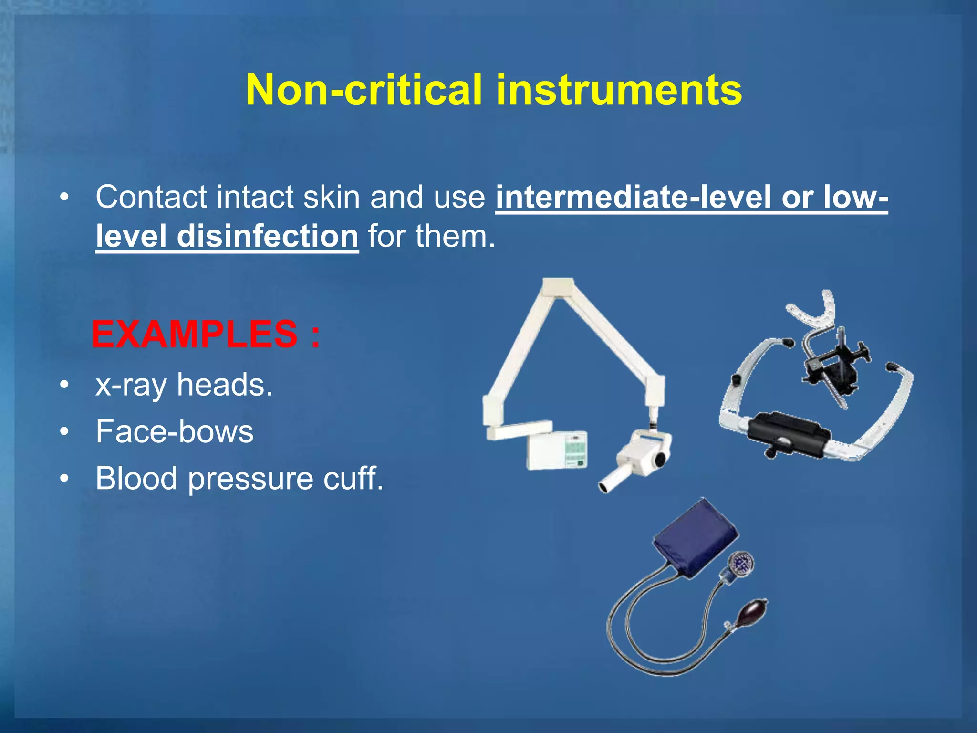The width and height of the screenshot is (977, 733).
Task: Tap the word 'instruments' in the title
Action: tap(619, 90)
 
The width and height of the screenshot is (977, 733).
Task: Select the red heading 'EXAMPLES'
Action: tap(194, 334)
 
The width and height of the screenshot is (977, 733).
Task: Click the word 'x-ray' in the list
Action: tap(131, 385)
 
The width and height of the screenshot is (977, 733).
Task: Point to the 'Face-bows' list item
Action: tap(174, 432)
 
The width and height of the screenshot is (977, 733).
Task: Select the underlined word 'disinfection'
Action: tap(267, 236)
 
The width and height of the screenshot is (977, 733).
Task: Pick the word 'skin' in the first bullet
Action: tap(331, 197)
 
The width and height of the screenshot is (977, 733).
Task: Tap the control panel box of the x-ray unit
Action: tap(557, 451)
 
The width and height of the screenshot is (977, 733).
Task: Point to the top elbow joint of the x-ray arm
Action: tap(558, 289)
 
